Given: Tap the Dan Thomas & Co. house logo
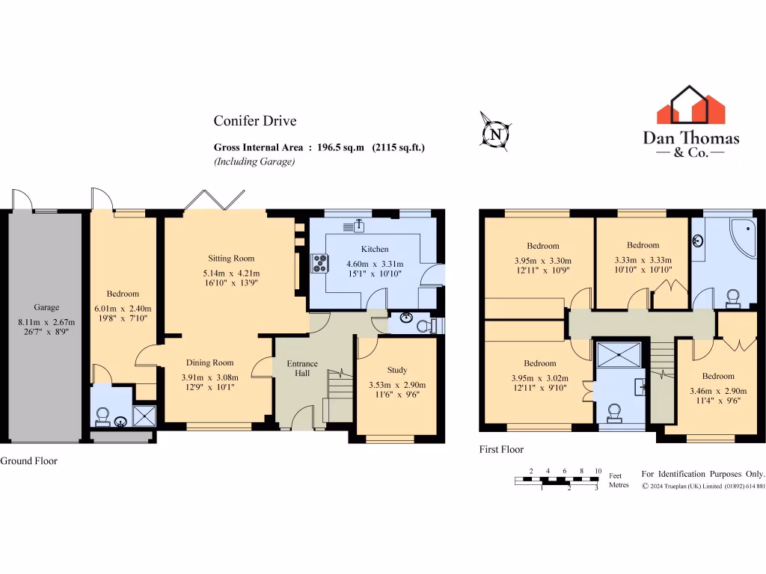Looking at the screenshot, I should (690, 105).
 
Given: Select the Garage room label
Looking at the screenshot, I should (46, 307).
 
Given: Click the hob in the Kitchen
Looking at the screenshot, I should (321, 262).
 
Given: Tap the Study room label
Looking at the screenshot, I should (397, 370).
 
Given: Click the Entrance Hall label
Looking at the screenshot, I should (303, 368).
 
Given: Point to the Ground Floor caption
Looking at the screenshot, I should (28, 461).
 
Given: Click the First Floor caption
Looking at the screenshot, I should (501, 450).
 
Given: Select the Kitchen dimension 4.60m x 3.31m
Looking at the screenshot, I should (375, 264).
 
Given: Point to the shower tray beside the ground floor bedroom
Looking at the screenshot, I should (144, 416).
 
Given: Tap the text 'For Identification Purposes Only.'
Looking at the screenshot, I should (703, 474).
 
